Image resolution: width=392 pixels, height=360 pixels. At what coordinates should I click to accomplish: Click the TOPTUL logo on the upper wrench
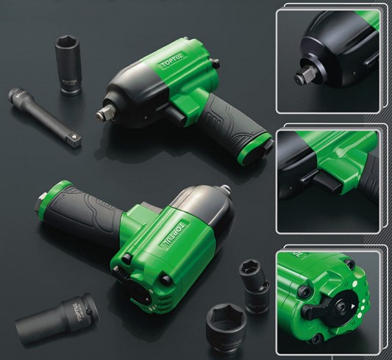coord(173,61)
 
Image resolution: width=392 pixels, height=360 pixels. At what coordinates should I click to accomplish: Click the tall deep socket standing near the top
coord(68,65)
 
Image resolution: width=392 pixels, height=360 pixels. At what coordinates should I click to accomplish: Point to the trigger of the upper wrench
coord(175,113)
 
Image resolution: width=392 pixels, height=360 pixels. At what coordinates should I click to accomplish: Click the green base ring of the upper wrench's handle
coord(255,148)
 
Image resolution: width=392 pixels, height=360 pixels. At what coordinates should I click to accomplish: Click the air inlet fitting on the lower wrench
coord(41,200)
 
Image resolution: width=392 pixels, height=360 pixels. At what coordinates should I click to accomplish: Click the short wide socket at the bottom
coord(227,330)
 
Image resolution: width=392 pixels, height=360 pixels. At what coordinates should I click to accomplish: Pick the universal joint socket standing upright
coord(254,286)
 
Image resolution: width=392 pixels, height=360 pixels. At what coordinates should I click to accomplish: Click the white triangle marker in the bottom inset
coord(353,306)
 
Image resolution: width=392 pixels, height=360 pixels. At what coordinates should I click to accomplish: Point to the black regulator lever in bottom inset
coord(315,309)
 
